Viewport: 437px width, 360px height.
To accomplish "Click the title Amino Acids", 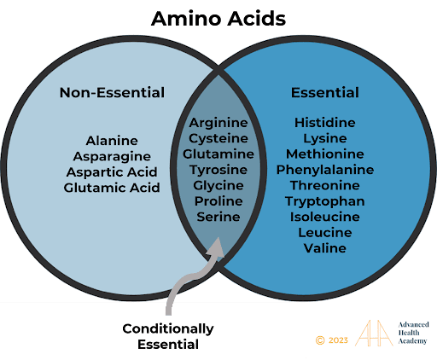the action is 218,19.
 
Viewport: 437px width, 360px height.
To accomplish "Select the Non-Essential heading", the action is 112,93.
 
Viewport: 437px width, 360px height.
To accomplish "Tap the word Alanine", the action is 112,141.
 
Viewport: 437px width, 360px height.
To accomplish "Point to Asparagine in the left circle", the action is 112,157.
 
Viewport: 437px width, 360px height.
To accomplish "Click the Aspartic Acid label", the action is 112,172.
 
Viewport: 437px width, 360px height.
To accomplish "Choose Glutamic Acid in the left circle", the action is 112,188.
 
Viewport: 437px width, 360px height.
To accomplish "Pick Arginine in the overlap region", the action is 218,123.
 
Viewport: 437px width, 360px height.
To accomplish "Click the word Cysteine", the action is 218,139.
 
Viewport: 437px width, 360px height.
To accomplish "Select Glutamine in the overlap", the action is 218,154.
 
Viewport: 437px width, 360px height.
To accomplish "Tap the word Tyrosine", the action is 218,170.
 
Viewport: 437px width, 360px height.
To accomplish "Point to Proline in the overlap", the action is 218,201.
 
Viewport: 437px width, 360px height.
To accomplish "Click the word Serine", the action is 218,217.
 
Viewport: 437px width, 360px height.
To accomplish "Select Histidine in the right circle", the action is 325,123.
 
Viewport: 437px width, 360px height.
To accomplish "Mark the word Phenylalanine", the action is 325,170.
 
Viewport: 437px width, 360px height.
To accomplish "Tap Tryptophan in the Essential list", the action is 325,201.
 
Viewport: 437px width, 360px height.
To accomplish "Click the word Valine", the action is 325,248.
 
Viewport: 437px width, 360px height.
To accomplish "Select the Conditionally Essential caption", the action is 168,337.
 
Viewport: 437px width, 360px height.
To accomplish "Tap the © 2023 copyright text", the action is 332,340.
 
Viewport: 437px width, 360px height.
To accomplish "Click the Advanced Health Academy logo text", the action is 413,333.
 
